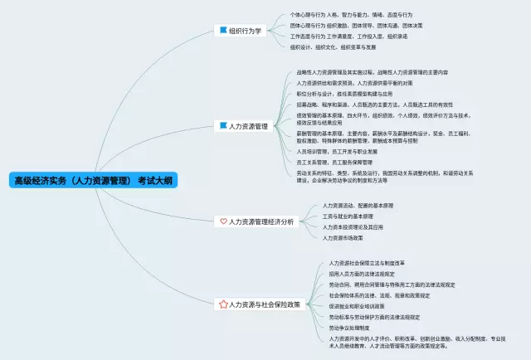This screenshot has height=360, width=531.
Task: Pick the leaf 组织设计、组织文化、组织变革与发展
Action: pos(339,47)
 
